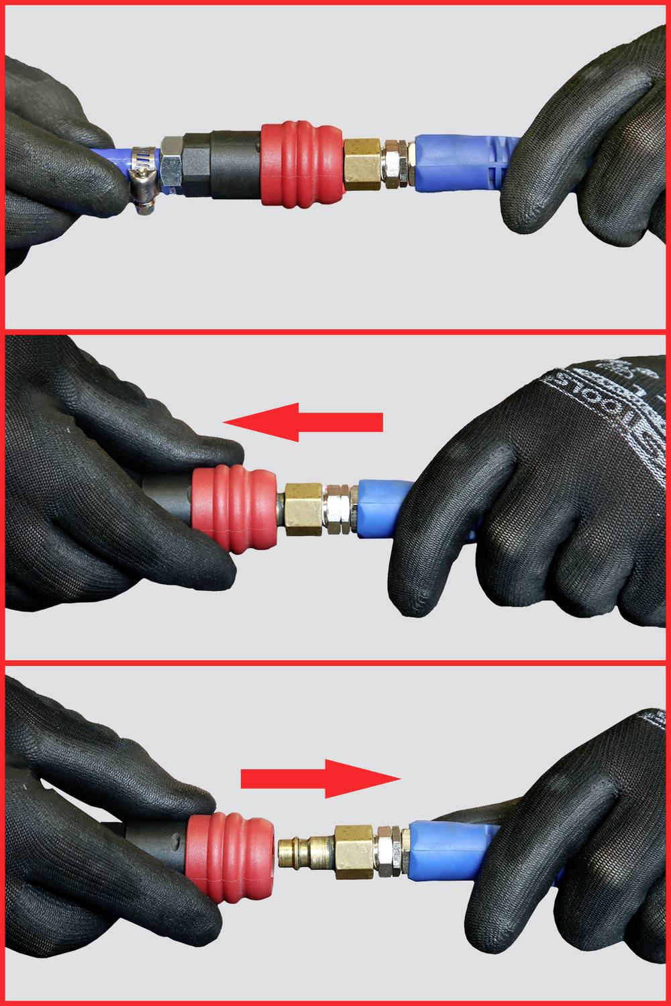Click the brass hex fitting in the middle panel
[303, 508]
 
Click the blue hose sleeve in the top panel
[456, 164]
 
